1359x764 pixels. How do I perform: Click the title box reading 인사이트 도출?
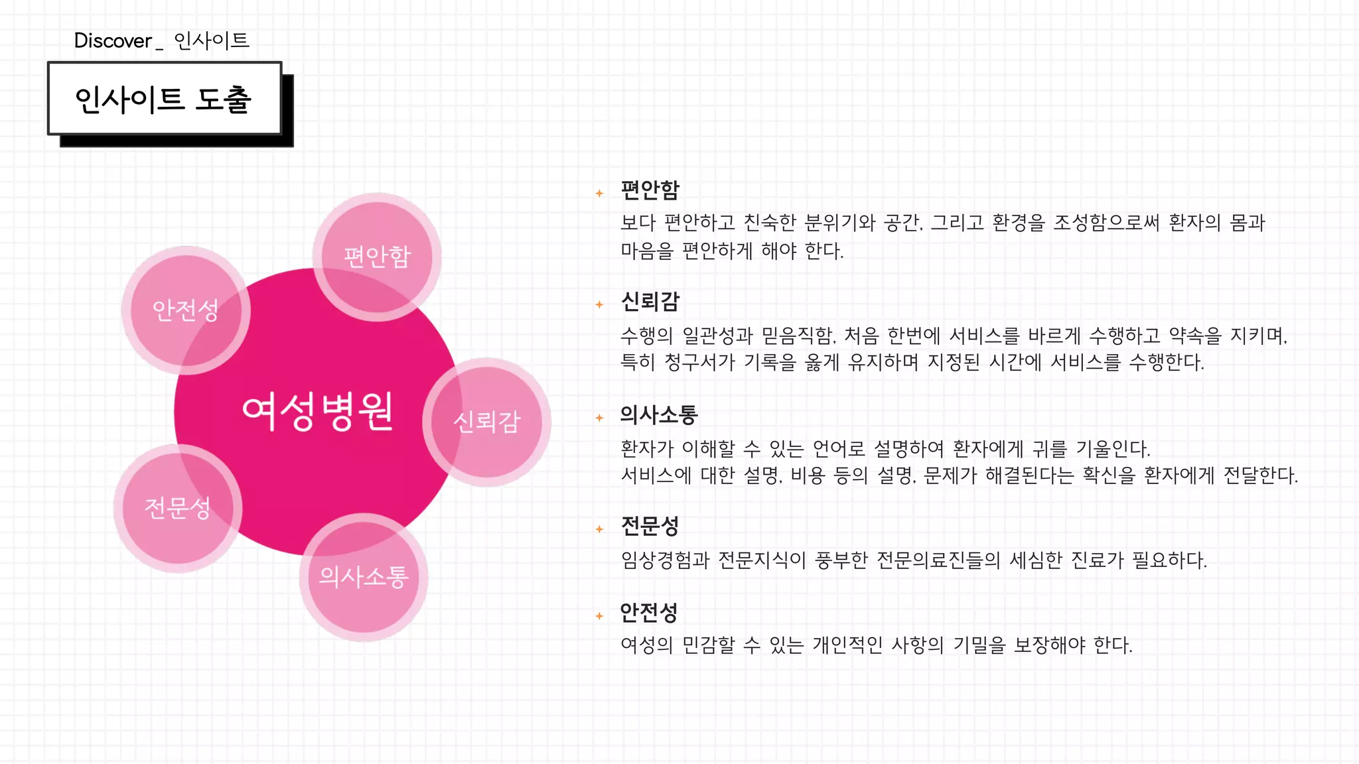coord(165,99)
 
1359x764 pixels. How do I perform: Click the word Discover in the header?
coord(113,40)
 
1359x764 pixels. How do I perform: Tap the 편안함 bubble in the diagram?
coord(377,257)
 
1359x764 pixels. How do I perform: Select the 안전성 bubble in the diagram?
coord(186,310)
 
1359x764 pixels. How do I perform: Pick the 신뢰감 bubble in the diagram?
coord(486,422)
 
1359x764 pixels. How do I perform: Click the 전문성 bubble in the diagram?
coord(177,508)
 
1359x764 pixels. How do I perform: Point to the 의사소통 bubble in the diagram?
coord(363,577)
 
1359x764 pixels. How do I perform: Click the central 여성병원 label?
coord(318,412)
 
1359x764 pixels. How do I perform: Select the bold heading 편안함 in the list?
coord(650,190)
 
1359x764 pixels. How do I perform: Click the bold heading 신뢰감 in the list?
coord(650,302)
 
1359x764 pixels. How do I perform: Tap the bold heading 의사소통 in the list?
coord(658,415)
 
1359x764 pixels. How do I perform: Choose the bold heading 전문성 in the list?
coord(650,527)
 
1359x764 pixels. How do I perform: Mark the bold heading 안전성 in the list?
coord(648,613)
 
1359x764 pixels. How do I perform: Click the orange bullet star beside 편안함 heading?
coord(599,193)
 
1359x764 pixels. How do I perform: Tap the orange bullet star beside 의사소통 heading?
coord(599,418)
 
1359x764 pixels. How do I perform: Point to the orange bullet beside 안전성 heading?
coord(599,616)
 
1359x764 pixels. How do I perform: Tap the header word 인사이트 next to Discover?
coord(211,40)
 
